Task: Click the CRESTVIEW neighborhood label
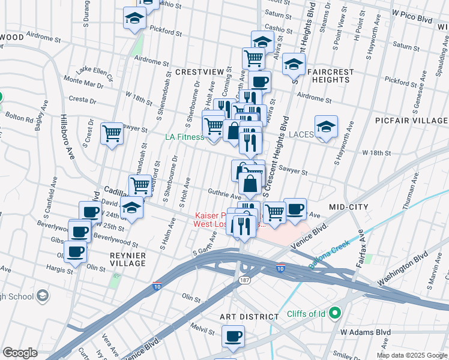[199, 71]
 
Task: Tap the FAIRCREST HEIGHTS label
[331, 76]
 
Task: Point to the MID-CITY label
[350, 206]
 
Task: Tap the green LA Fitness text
[185, 137]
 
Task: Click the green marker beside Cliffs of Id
[335, 312]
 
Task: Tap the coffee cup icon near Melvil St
[233, 337]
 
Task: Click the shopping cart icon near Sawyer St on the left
[112, 133]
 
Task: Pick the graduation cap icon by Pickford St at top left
[134, 19]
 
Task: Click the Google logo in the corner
[20, 353]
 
